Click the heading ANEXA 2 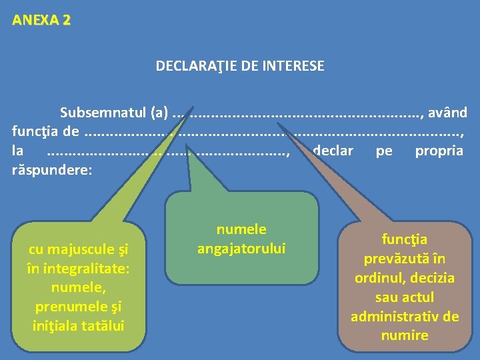coord(41,20)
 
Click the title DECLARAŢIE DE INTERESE coord(240,66)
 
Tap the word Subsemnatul coord(96,113)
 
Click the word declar coord(333,151)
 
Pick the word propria coord(439,151)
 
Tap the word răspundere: coord(51,169)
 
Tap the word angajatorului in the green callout coord(241,249)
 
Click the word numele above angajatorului coord(241,229)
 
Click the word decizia coord(433,278)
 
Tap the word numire coord(405,335)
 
